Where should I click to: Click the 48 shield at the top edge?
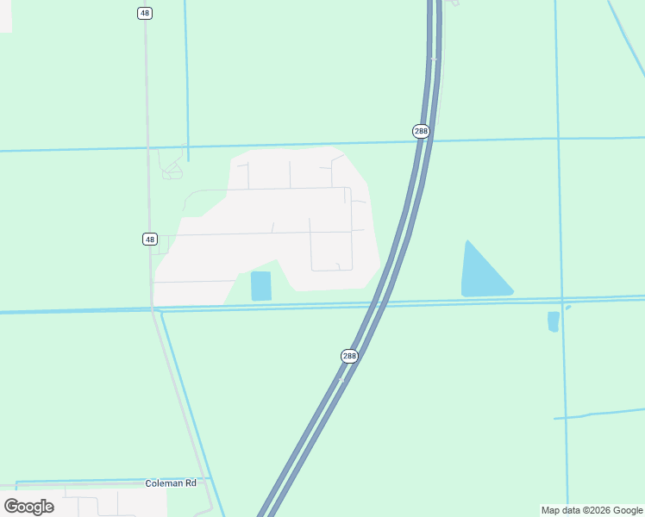click(144, 13)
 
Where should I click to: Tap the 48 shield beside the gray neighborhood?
click(150, 239)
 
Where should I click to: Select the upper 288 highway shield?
click(420, 131)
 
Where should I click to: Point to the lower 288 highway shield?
click(348, 356)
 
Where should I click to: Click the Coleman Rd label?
click(171, 483)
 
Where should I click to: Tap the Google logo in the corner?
click(29, 506)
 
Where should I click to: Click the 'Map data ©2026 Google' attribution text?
click(592, 510)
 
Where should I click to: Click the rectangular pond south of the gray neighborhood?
click(261, 286)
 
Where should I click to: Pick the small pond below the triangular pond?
click(554, 321)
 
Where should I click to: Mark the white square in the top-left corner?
click(5, 16)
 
